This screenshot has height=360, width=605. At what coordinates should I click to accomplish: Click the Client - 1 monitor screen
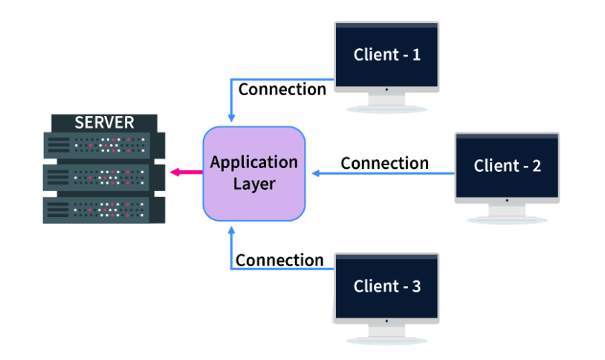pyautogui.click(x=386, y=54)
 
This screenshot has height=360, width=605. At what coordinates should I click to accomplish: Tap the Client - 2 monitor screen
pyautogui.click(x=507, y=164)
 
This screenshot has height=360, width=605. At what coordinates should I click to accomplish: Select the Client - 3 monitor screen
pyautogui.click(x=386, y=286)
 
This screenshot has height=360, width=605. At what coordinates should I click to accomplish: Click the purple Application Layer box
pyautogui.click(x=254, y=173)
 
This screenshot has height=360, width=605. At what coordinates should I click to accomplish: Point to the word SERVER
pyautogui.click(x=104, y=122)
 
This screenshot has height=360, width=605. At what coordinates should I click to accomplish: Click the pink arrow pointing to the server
pyautogui.click(x=185, y=173)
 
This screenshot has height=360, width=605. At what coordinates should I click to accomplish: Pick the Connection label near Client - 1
pyautogui.click(x=282, y=89)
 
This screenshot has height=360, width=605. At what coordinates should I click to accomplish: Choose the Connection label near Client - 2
pyautogui.click(x=384, y=163)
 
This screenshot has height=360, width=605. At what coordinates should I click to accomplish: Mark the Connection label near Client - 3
pyautogui.click(x=279, y=260)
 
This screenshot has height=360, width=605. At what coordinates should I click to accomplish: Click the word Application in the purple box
pyautogui.click(x=254, y=162)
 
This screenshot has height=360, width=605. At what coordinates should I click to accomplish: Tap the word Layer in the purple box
pyautogui.click(x=254, y=184)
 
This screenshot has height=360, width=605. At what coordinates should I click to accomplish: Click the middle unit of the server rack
pyautogui.click(x=103, y=176)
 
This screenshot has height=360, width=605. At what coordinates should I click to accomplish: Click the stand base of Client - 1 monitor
pyautogui.click(x=386, y=109)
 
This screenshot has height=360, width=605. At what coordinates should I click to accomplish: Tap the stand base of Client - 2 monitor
pyautogui.click(x=507, y=219)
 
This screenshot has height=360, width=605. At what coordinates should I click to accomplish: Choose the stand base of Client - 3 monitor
pyautogui.click(x=386, y=340)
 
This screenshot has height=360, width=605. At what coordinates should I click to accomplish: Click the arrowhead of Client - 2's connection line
pyautogui.click(x=316, y=173)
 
